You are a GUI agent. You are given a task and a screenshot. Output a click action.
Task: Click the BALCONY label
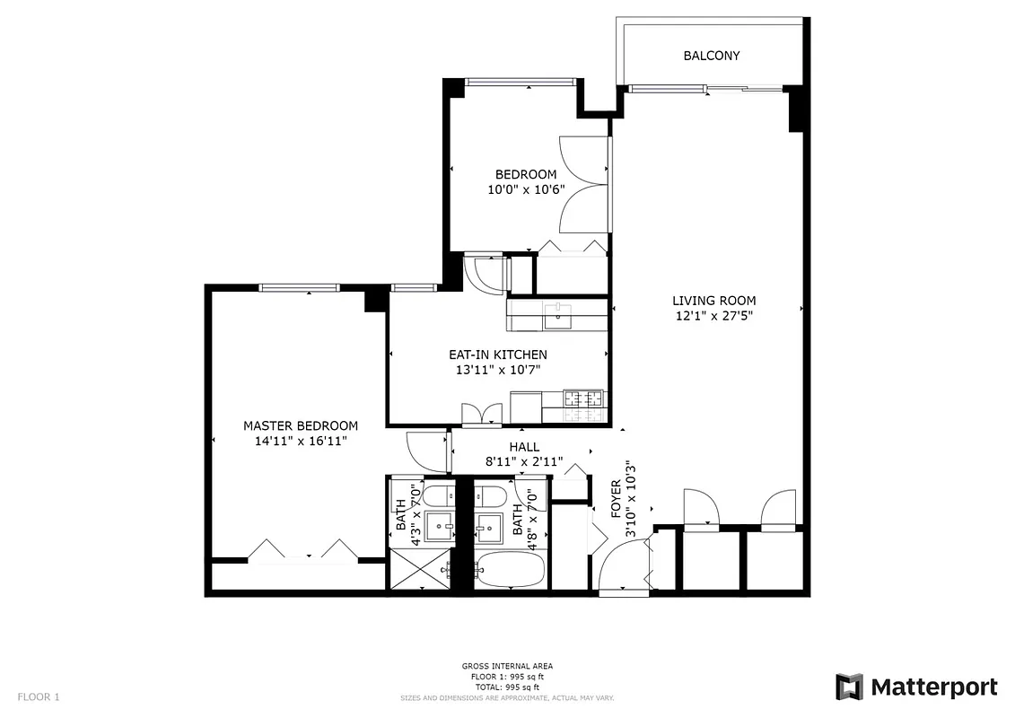click(x=711, y=56)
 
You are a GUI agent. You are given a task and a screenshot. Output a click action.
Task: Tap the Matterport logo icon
click(x=849, y=687)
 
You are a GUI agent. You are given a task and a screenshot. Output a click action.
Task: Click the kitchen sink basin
click(x=558, y=313)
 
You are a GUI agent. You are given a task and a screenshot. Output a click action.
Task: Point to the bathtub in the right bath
click(x=508, y=569)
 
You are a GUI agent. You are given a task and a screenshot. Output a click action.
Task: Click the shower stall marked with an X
click(x=417, y=568)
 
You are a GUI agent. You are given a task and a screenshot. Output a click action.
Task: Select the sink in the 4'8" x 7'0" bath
click(x=489, y=528)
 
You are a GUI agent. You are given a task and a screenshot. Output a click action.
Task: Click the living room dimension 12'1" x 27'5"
click(x=713, y=316)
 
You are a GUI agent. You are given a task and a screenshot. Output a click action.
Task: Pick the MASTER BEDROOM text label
click(x=301, y=425)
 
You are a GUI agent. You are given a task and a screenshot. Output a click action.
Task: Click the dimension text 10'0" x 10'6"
click(x=526, y=189)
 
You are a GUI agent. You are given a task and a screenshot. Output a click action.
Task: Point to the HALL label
click(x=524, y=446)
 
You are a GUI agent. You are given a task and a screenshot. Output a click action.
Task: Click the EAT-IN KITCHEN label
click(x=497, y=355)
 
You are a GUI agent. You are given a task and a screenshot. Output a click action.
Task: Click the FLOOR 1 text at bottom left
click(x=38, y=696)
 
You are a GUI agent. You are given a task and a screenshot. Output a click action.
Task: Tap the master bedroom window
click(x=299, y=287)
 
